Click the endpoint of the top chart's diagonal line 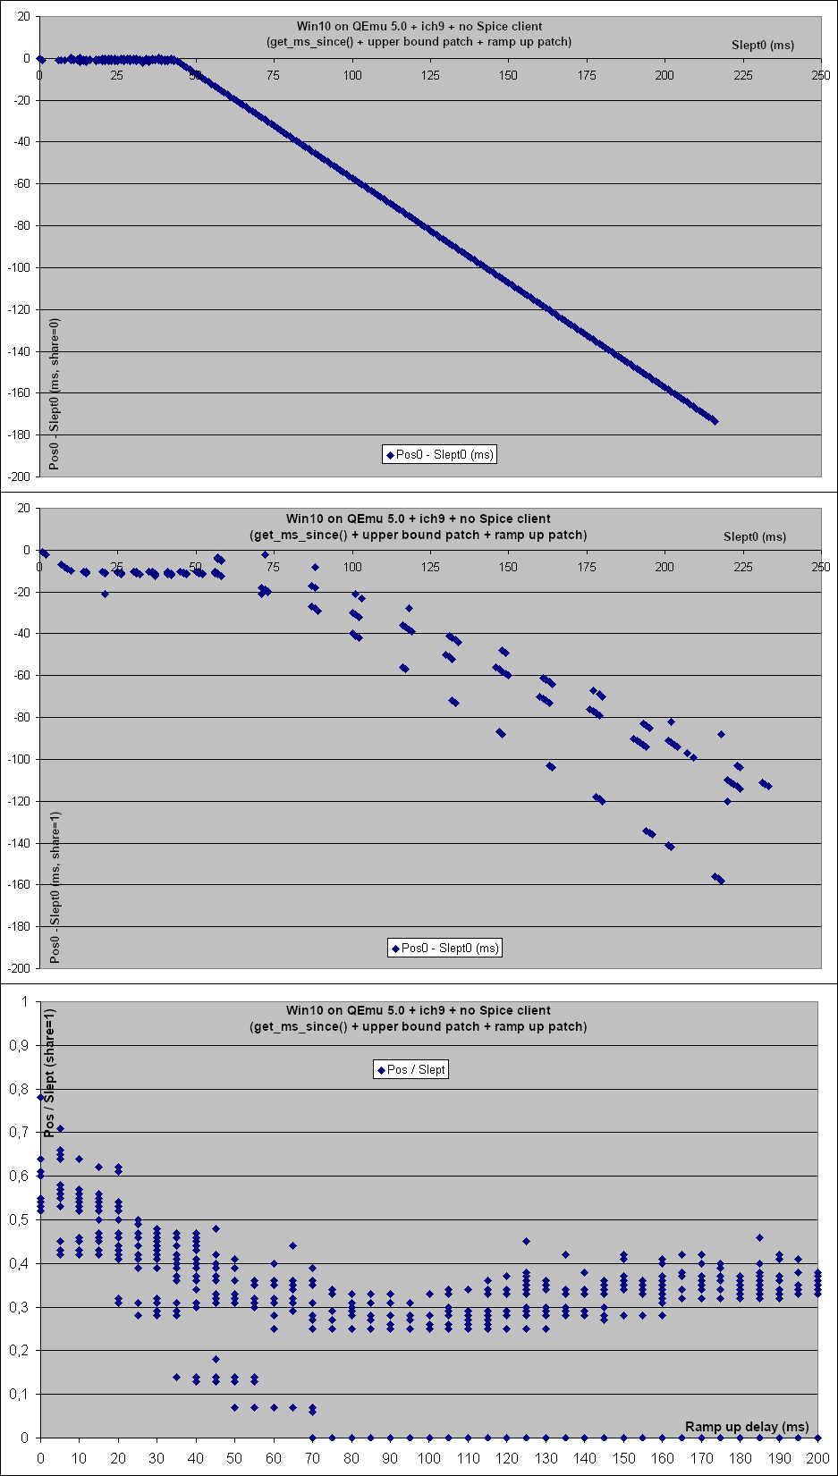click(715, 420)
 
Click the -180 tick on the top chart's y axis click(19, 434)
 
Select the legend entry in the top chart click(439, 454)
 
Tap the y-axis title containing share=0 click(55, 393)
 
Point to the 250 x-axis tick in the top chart click(821, 75)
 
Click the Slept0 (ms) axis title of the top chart click(762, 45)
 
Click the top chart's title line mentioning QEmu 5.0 click(419, 26)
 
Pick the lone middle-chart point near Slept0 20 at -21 click(105, 594)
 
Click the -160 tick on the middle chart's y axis click(19, 884)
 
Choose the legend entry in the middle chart click(444, 948)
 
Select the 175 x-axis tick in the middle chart click(587, 567)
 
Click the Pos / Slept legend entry click(411, 1069)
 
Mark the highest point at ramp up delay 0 click(40, 1097)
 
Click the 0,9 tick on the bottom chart click(19, 1045)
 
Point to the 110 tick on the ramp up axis click(468, 1457)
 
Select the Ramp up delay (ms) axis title click(747, 1426)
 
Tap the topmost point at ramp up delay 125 click(526, 1241)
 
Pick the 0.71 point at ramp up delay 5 click(60, 1128)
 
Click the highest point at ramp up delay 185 click(759, 1237)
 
